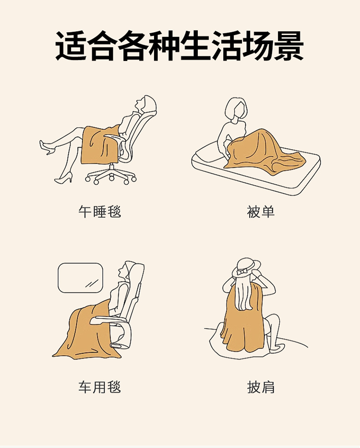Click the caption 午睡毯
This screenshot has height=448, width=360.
(99, 212)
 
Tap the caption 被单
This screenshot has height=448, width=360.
(261, 212)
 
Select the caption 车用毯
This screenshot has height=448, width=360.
(99, 387)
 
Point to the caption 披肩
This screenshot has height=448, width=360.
(261, 387)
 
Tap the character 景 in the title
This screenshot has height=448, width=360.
(289, 46)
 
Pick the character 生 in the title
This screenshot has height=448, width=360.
(195, 46)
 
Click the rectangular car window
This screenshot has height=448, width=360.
(80, 278)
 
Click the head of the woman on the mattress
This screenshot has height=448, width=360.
(236, 109)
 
